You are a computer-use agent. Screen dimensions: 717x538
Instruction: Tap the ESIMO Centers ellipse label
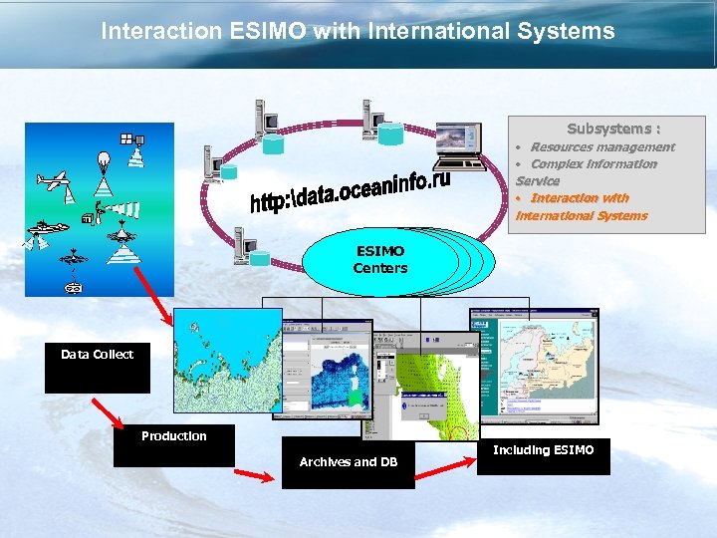(x=380, y=260)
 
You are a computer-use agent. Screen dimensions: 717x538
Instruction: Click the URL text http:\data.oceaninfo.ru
(x=350, y=190)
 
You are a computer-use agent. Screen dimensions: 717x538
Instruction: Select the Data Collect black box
(x=97, y=368)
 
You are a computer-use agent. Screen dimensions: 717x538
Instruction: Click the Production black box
(x=174, y=445)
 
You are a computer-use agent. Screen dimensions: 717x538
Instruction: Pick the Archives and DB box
(x=348, y=462)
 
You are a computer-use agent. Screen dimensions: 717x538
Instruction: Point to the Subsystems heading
(x=613, y=129)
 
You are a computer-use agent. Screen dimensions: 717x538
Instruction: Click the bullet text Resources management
(x=601, y=147)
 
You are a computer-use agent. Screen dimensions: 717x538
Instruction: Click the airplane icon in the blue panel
(x=54, y=181)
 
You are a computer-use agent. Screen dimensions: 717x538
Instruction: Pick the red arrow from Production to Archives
(x=258, y=476)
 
